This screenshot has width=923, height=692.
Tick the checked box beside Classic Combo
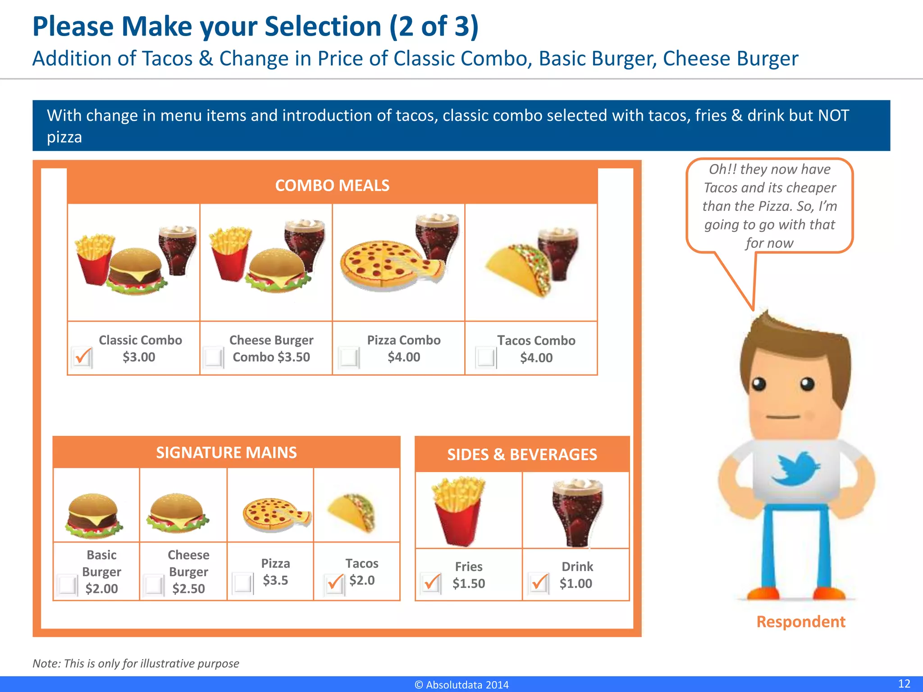[x=82, y=357]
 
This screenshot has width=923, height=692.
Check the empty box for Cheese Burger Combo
[x=213, y=357]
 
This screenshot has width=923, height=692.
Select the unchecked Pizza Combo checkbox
[x=349, y=357]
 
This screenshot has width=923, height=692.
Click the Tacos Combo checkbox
[x=486, y=358]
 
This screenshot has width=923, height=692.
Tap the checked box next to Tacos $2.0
[x=334, y=584]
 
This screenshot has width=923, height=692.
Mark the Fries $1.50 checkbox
[x=431, y=583]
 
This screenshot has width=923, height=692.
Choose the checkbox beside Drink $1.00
[x=539, y=583]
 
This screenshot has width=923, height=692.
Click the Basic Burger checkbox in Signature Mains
[x=68, y=585]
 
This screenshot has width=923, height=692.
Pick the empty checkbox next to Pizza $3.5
[x=243, y=583]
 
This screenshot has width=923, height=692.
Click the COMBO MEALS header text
[x=332, y=186]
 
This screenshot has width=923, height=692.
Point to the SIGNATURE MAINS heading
[x=226, y=452]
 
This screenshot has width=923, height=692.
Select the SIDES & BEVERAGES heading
[x=522, y=455]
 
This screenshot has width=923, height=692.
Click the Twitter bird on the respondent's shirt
[x=795, y=469]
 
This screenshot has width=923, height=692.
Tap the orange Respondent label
[x=800, y=622]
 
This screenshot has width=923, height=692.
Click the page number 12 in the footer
[x=904, y=683]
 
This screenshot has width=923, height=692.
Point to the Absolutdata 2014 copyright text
[x=461, y=685]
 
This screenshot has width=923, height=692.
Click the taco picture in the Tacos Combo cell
[x=518, y=269]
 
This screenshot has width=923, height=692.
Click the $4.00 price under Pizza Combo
[x=404, y=357]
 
